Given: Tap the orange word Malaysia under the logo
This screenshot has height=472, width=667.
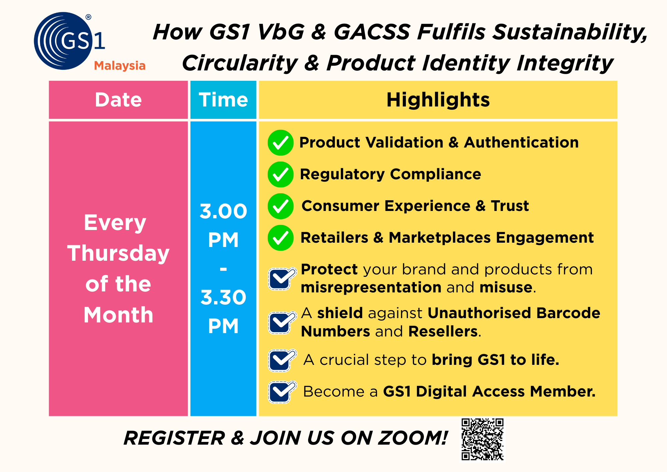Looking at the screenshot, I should click(120, 66).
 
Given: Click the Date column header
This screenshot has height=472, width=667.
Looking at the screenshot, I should click(118, 100).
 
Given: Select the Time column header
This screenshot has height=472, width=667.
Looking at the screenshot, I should click(223, 100).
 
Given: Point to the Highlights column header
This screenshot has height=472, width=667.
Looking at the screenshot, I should click(438, 100).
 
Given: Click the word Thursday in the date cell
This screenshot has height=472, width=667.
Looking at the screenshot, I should click(118, 253).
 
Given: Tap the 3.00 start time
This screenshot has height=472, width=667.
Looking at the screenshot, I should click(223, 211).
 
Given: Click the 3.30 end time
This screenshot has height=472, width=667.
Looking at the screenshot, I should click(223, 297).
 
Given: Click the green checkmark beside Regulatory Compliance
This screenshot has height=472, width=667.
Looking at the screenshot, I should click(280, 175).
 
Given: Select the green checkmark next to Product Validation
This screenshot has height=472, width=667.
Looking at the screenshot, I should click(280, 143).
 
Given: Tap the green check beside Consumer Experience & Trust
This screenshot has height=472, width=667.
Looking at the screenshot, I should click(280, 206).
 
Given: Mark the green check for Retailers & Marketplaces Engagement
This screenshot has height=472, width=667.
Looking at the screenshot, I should click(280, 238).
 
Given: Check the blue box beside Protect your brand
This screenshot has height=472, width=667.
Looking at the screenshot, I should click(281, 278).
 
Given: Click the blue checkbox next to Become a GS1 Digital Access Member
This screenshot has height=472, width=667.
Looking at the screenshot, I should click(281, 392).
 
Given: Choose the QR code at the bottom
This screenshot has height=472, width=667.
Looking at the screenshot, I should click(483, 439).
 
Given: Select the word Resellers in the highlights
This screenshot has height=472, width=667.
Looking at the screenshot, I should click(443, 331).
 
